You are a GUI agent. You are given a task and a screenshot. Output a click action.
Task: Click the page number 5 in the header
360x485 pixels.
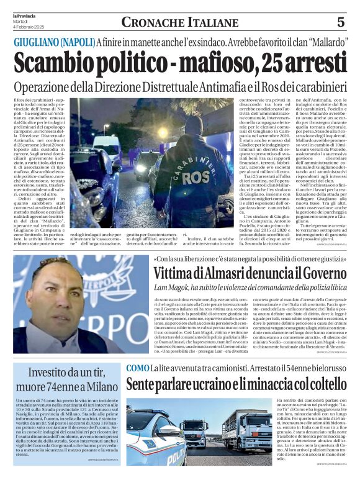(341, 22)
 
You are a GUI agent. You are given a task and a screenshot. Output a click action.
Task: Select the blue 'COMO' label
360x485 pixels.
(138, 368)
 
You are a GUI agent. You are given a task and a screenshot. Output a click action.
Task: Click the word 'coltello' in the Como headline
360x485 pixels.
(322, 385)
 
